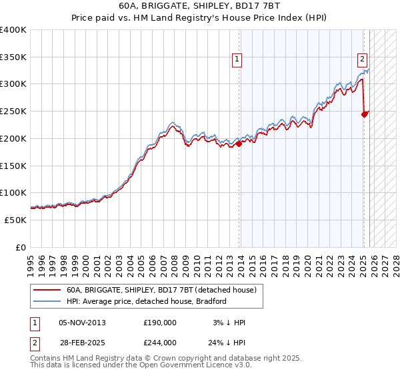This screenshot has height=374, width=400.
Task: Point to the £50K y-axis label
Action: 15,220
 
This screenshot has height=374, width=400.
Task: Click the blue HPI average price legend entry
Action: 147,301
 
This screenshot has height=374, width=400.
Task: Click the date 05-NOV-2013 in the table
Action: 83,323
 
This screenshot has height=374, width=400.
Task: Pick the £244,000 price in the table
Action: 160,343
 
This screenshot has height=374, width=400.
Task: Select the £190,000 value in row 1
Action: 160,323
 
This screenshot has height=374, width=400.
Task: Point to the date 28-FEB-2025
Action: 83,343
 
